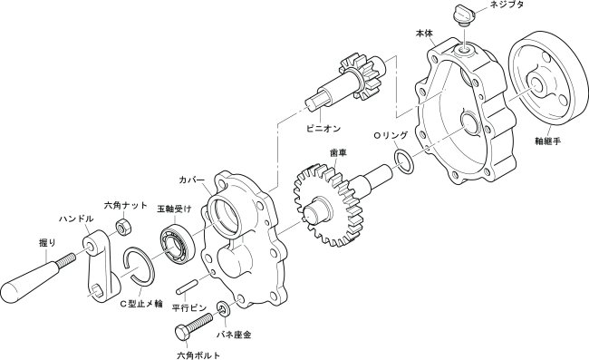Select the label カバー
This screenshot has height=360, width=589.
191,180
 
